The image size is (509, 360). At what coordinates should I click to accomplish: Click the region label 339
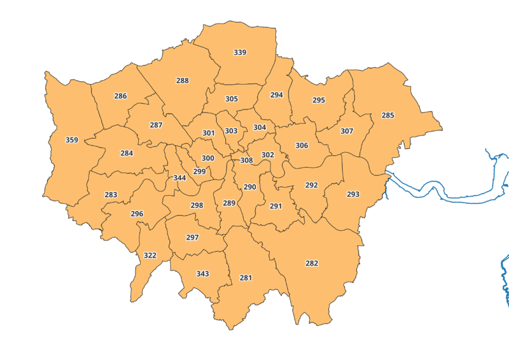[x=240, y=52]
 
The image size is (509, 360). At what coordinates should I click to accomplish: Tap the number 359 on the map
[x=72, y=140]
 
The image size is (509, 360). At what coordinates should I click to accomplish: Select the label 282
[x=312, y=263]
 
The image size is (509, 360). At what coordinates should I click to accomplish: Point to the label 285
[x=387, y=115]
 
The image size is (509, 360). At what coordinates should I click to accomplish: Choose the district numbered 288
[x=183, y=81]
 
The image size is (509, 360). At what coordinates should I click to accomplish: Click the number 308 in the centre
[x=246, y=160]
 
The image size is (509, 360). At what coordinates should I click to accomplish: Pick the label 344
[x=179, y=178]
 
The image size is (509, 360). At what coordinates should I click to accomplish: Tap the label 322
[x=150, y=255]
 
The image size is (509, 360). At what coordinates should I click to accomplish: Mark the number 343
[x=202, y=273]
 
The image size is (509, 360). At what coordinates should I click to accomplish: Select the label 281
[x=246, y=278]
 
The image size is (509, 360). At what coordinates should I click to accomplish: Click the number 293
[x=353, y=194]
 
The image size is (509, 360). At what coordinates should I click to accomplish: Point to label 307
[x=347, y=131]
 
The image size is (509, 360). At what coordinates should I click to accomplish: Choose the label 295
[x=319, y=100]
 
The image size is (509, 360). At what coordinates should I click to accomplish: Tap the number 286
[x=120, y=96]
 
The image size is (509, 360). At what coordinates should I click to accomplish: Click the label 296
[x=137, y=214]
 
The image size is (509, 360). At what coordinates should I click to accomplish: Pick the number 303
[x=231, y=131]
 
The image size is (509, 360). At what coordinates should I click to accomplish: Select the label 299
[x=199, y=171]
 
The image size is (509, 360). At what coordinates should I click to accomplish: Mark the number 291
[x=275, y=206]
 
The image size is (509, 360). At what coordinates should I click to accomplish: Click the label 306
[x=302, y=146]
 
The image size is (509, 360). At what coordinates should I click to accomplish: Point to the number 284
[x=127, y=153]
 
